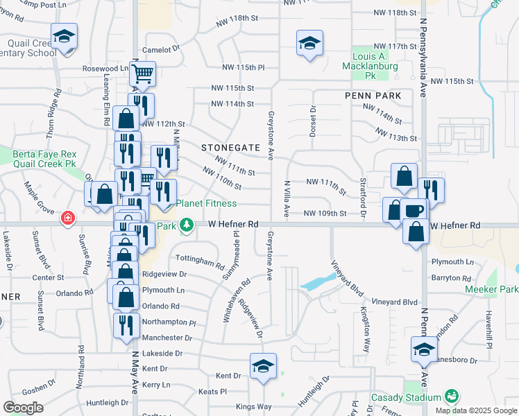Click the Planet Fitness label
206,203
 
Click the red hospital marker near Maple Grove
67,218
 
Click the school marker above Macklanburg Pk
308,43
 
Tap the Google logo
23,408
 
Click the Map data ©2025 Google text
475,410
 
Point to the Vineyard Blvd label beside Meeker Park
395,302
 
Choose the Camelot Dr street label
161,50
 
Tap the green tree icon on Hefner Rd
187,225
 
